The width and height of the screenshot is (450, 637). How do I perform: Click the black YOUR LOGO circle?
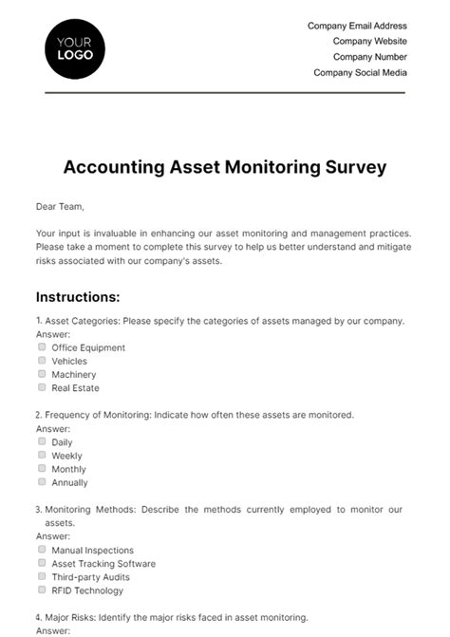[75, 48]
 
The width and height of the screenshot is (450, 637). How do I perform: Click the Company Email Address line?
[357, 27]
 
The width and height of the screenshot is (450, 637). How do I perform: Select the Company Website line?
[369, 42]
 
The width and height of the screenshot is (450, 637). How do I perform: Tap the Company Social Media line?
[360, 72]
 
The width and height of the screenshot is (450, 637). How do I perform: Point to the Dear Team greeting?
[60, 206]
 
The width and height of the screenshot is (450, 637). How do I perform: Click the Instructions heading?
[78, 296]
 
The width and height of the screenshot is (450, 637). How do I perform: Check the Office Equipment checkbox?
[42, 347]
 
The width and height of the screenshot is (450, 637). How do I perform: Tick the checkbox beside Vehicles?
[42, 361]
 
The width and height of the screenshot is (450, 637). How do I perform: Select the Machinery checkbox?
[42, 374]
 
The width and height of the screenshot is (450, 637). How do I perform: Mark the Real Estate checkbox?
[42, 387]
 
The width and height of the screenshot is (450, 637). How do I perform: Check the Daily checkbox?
[42, 441]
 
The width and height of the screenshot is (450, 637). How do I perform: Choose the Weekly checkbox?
[42, 455]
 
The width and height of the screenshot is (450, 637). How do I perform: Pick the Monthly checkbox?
[42, 468]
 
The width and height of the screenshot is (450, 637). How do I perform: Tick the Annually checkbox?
[42, 482]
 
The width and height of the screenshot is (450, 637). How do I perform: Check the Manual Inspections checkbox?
[42, 550]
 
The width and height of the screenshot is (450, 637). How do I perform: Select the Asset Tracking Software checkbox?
[42, 563]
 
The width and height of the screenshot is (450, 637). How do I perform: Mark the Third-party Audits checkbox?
[42, 576]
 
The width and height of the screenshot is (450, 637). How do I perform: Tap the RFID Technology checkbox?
[42, 590]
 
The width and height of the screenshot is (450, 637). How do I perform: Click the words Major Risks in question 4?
[70, 617]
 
